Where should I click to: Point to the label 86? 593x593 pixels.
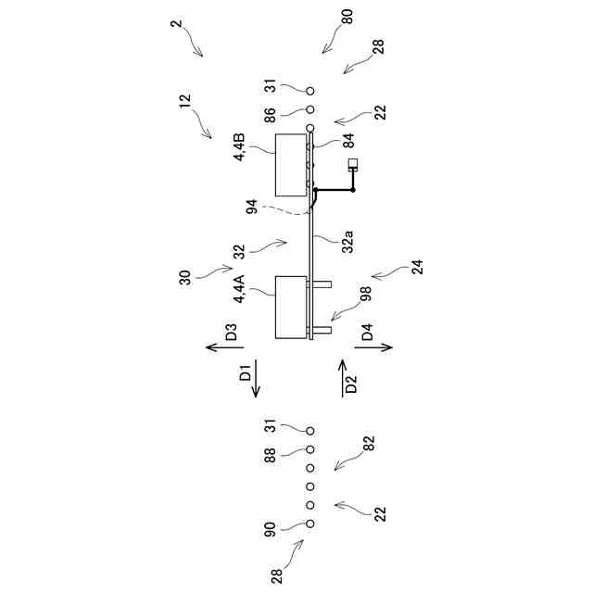point(270,116)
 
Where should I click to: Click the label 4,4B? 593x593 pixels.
point(239,148)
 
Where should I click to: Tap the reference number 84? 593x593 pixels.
point(347,142)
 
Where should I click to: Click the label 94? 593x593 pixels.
point(252,208)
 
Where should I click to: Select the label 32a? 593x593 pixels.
point(347,243)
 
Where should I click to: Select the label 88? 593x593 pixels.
point(270,456)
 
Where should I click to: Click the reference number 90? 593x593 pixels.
point(270,529)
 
